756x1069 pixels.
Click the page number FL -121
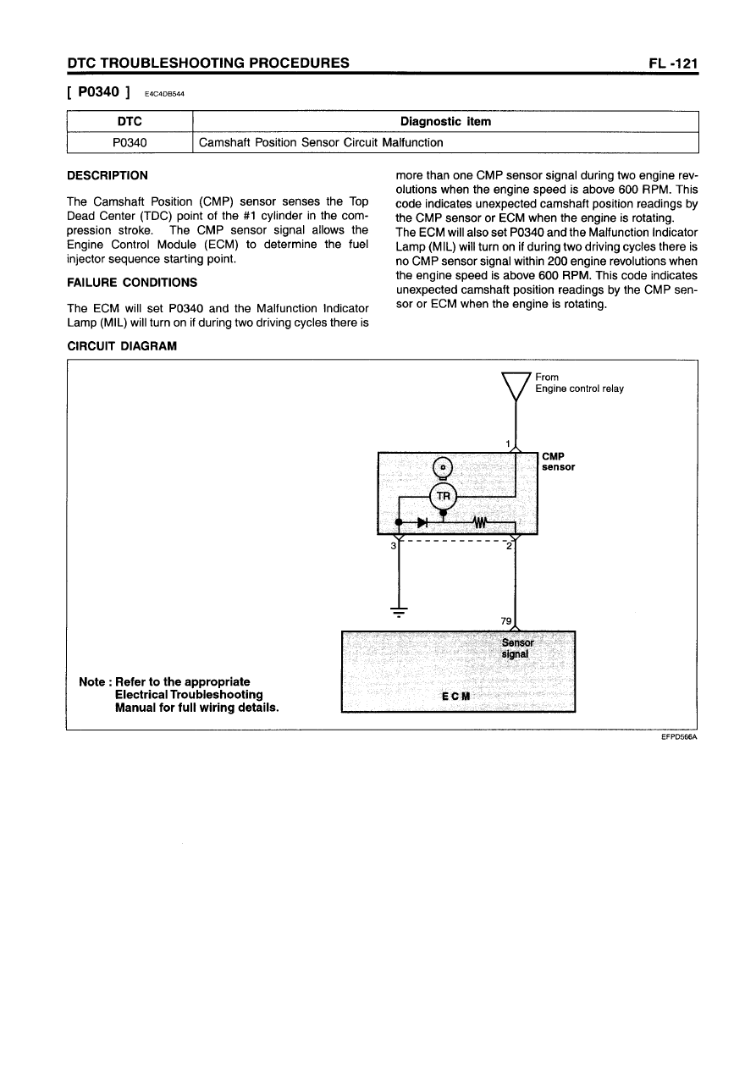668,63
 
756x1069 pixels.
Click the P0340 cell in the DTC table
130,143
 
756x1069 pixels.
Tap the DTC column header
130,122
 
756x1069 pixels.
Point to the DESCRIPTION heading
107,175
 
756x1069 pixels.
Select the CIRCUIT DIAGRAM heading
121,346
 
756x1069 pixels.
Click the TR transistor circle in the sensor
444,496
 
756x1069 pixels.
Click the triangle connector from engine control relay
516,386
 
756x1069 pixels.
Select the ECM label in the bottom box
457,696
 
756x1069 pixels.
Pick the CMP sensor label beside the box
558,461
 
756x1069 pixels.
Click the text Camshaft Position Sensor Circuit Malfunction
321,143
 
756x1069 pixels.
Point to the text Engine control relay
579,388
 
